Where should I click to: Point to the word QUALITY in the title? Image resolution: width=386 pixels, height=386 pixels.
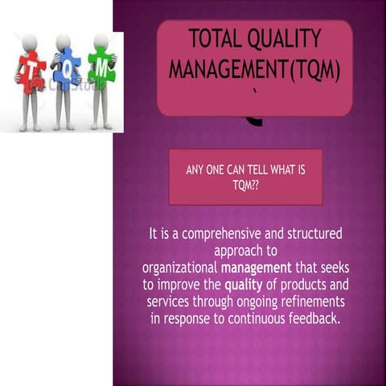(287, 38)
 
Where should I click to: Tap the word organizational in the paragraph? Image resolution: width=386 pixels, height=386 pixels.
(179, 268)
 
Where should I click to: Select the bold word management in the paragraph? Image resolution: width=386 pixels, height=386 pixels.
(257, 268)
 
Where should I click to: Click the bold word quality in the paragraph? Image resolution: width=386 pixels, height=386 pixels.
(243, 285)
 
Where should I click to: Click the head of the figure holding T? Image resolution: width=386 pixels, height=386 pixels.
(31, 41)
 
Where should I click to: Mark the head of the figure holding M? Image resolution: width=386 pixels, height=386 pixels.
(101, 41)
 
